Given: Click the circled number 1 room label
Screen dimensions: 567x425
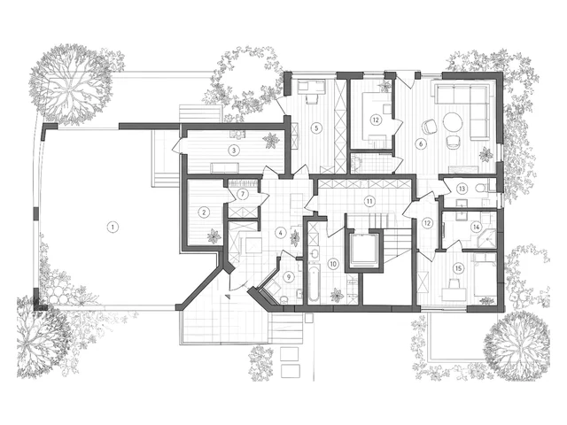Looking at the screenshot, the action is pyautogui.click(x=113, y=228).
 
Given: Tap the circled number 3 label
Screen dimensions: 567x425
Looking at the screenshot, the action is pyautogui.click(x=234, y=150).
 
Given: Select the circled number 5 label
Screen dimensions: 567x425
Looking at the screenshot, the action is pyautogui.click(x=316, y=127).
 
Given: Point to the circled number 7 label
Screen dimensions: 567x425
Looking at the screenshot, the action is pyautogui.click(x=243, y=195).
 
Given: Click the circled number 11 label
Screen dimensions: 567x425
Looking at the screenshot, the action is pyautogui.click(x=369, y=201).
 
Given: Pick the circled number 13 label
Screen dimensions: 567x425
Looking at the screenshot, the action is pyautogui.click(x=462, y=189).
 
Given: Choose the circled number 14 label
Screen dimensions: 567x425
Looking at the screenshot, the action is pyautogui.click(x=476, y=227).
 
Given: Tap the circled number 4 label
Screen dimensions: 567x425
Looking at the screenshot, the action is pyautogui.click(x=280, y=233).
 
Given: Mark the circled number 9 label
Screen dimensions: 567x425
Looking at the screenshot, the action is pyautogui.click(x=289, y=277).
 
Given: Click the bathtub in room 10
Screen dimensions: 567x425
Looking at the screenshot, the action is pyautogui.click(x=314, y=283).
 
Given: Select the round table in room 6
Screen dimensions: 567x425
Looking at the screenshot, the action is pyautogui.click(x=453, y=122).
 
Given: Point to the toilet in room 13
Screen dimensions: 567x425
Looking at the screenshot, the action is pyautogui.click(x=480, y=188).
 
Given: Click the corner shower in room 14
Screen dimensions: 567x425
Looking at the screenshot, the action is pyautogui.click(x=486, y=238).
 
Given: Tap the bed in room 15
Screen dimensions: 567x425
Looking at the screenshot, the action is pyautogui.click(x=485, y=274).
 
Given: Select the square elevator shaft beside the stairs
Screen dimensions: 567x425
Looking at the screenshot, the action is pyautogui.click(x=362, y=250).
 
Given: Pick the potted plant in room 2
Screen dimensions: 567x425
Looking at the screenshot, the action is pyautogui.click(x=214, y=236).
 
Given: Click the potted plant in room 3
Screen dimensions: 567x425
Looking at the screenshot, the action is pyautogui.click(x=271, y=140).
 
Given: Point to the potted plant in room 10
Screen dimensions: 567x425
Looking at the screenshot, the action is pyautogui.click(x=337, y=295).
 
